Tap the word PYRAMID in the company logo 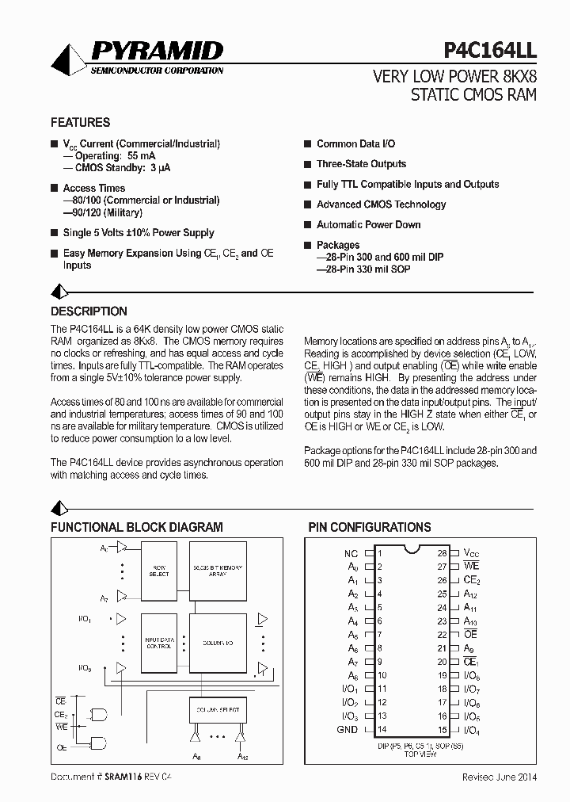click(x=158, y=52)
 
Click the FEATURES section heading click(x=80, y=123)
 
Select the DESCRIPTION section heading click(x=89, y=311)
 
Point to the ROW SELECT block click(x=159, y=571)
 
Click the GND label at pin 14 click(x=348, y=730)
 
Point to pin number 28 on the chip click(x=443, y=553)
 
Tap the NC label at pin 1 click(x=351, y=553)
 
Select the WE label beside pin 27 click(x=472, y=567)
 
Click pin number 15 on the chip click(x=443, y=730)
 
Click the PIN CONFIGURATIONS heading click(x=369, y=527)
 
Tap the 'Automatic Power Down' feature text click(x=368, y=224)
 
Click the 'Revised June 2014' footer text click(x=500, y=777)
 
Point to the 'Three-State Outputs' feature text click(x=361, y=164)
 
